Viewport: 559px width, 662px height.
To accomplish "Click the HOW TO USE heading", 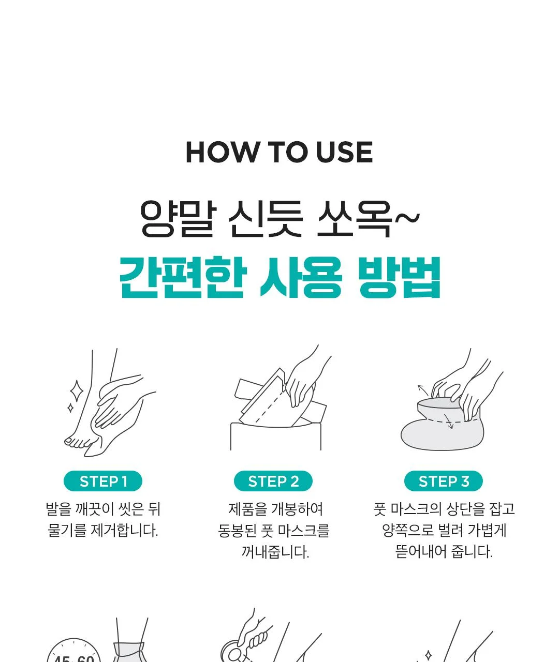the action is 279,153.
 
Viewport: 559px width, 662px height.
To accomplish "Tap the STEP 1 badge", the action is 103,481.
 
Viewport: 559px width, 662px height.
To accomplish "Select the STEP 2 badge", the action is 273,481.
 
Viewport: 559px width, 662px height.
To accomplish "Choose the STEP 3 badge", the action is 444,481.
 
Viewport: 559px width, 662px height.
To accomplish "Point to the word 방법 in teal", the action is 400,278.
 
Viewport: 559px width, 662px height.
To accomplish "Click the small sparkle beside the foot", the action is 70,408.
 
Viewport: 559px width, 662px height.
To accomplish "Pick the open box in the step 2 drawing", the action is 276,437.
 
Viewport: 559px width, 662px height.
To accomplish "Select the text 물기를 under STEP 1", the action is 67,531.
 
